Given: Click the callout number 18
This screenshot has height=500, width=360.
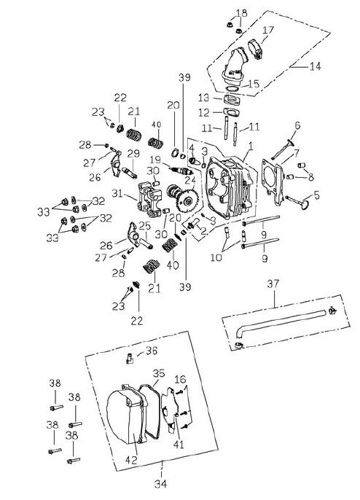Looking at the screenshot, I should coord(241,13).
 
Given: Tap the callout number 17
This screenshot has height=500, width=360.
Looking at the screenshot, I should coord(268,30).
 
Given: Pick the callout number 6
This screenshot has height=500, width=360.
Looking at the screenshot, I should coord(297,126).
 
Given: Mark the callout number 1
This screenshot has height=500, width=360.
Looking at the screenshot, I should coord(249,146).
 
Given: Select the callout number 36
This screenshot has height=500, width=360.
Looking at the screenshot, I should coord(152,351).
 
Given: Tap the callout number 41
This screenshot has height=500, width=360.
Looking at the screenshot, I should coord(179,442).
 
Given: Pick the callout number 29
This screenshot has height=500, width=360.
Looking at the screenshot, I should coord(133,153).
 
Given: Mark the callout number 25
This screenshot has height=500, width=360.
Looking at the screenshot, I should coord(145,227).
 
